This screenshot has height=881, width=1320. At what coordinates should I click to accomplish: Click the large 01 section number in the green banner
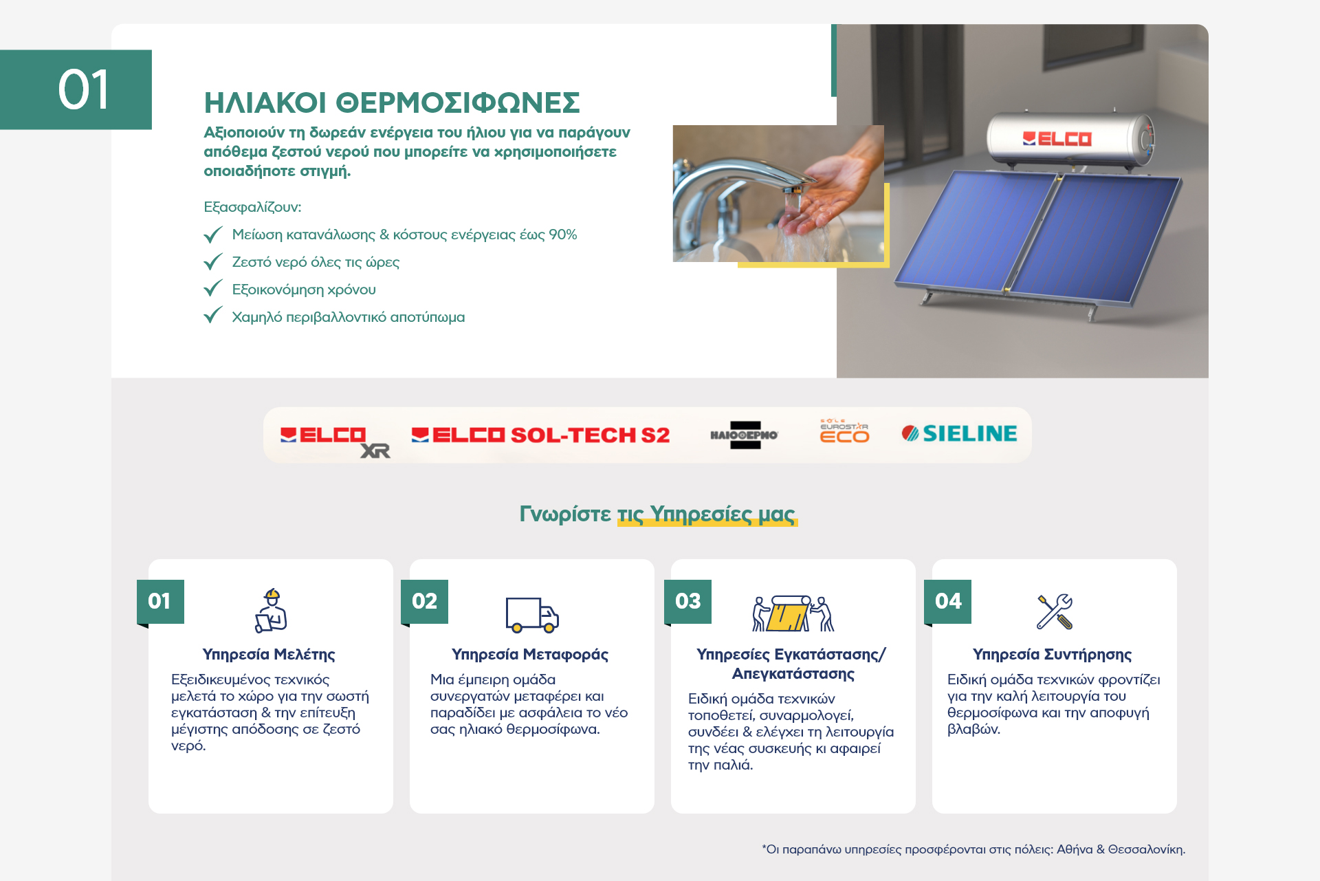point(83,90)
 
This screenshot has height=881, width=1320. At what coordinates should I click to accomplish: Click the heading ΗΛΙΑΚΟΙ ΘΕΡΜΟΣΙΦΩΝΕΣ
point(392,102)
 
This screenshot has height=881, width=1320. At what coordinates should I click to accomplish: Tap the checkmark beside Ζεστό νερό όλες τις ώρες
point(213,262)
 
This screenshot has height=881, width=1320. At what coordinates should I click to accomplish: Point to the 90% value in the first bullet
point(562,235)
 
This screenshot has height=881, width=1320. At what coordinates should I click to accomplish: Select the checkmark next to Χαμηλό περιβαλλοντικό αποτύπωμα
point(213,316)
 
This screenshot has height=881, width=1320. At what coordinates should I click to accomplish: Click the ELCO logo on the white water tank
point(1057,139)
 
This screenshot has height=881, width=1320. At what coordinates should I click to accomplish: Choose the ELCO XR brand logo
point(335,441)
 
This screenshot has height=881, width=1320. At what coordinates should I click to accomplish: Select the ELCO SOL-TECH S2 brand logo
point(540,435)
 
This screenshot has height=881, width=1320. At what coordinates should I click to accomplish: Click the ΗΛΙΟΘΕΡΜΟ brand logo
point(745,435)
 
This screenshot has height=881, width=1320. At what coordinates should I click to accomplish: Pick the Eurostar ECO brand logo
point(844,431)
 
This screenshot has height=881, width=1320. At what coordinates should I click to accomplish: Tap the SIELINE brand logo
point(959,433)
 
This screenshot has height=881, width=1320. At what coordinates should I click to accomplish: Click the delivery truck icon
point(532,614)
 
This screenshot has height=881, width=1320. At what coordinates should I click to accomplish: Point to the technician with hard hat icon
point(271,610)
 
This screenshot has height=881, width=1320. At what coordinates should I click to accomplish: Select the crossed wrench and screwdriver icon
point(1055,611)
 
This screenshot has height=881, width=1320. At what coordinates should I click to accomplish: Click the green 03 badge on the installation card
point(687,602)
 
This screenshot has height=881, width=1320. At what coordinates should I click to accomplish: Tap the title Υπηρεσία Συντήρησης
point(1052,655)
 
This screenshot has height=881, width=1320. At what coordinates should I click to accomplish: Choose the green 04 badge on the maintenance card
point(948,602)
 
